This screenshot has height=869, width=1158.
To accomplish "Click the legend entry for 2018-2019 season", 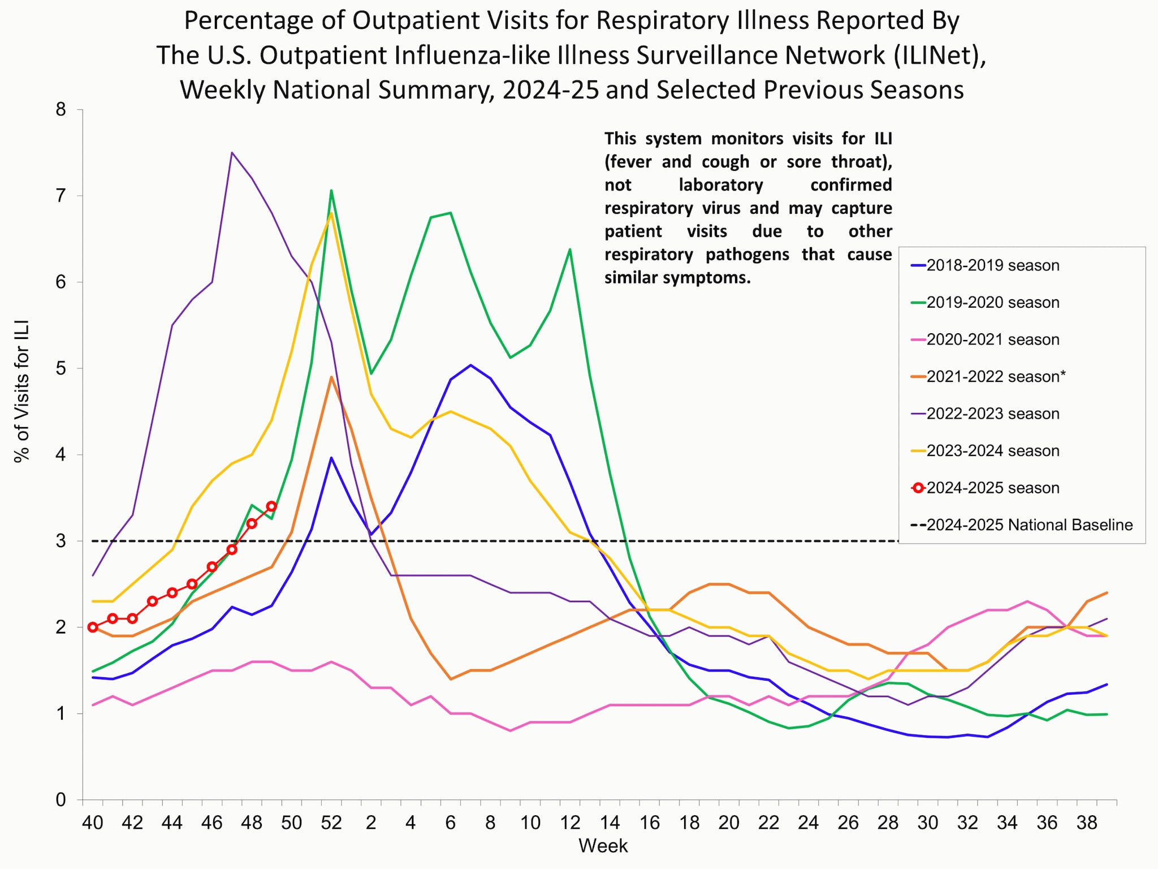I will (992, 265).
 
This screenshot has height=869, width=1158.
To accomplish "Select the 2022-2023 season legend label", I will (992, 414).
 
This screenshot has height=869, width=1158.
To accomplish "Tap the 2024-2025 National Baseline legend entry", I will (1029, 525).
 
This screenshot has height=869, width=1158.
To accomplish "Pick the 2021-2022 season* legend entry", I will (995, 377).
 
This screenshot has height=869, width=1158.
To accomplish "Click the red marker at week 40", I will (93, 627).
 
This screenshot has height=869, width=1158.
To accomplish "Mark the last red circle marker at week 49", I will (271, 506).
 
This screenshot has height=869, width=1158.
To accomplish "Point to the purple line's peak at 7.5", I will (232, 153).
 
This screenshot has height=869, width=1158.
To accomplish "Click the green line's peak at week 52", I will (331, 191).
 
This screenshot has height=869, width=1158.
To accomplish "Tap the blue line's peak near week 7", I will (470, 365).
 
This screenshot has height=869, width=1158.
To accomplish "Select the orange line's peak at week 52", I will (331, 377).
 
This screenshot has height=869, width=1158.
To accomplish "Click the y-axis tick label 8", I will (61, 110).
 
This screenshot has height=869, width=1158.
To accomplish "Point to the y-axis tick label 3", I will (61, 541).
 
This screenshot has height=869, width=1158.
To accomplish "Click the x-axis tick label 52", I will (331, 823).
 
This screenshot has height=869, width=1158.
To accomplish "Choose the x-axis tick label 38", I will (1087, 823).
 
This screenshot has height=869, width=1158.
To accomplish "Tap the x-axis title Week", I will (603, 846).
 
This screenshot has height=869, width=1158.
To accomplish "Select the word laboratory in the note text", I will (720, 185).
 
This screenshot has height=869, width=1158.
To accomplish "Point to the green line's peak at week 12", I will (569, 249).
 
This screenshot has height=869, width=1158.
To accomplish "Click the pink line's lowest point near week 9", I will (510, 730).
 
